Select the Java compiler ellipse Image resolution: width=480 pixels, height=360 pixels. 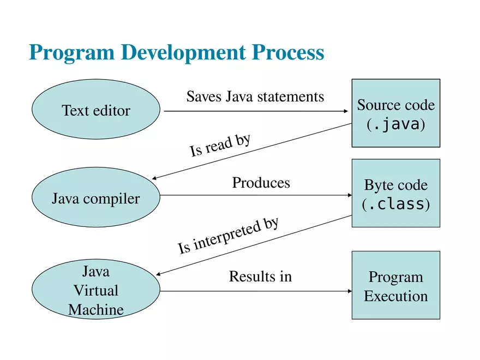(96, 199)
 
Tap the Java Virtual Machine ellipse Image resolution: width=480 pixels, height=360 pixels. (96, 290)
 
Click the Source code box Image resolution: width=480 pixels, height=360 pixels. (395, 113)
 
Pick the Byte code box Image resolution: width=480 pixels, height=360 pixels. (395, 193)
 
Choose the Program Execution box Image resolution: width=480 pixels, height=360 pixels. (395, 285)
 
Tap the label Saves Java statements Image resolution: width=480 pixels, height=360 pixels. (255, 97)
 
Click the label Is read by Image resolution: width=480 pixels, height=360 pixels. (220, 145)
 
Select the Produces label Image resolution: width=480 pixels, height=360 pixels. (261, 182)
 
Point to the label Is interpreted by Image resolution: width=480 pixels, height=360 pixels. (229, 236)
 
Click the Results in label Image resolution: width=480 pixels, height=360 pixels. (260, 277)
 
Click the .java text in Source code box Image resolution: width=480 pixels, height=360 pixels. (395, 125)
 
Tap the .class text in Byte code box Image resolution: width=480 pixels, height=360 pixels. (395, 205)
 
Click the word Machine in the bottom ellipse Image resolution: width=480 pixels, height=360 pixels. (96, 310)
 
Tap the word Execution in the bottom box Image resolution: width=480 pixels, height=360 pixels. (395, 296)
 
